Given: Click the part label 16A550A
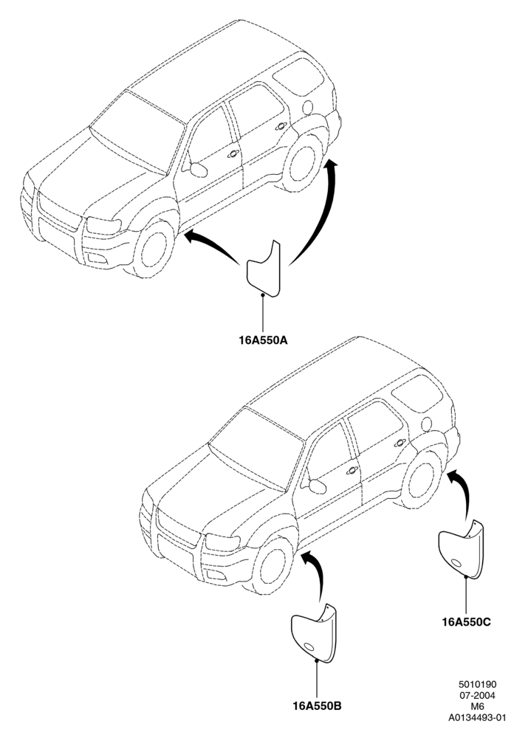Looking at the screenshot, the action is click(x=263, y=340).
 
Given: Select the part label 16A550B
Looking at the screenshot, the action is click(x=317, y=705).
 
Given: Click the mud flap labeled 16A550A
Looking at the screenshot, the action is click(x=264, y=269).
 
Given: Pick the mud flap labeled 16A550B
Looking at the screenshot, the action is click(x=314, y=634).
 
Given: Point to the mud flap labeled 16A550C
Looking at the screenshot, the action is click(x=461, y=549).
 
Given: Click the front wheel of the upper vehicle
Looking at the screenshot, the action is click(x=153, y=249).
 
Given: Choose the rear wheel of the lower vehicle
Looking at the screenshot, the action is click(x=422, y=480).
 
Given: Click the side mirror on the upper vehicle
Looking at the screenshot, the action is click(x=198, y=169).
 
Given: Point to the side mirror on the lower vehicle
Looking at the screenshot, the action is click(x=317, y=486).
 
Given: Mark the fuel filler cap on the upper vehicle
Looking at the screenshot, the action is click(x=308, y=107).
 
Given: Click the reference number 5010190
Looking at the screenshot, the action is click(x=477, y=685).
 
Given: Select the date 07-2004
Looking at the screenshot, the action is click(x=477, y=696).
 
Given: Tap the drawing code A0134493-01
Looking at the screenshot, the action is click(x=477, y=717).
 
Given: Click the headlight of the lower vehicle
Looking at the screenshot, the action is click(x=222, y=543).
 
